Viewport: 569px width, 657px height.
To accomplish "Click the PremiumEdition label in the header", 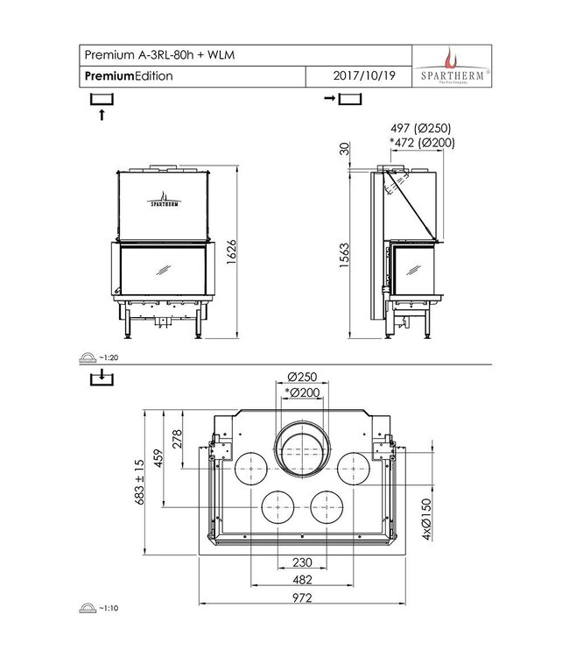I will [x=129, y=76].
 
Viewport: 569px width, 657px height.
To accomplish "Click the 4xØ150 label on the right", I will [x=427, y=521].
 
